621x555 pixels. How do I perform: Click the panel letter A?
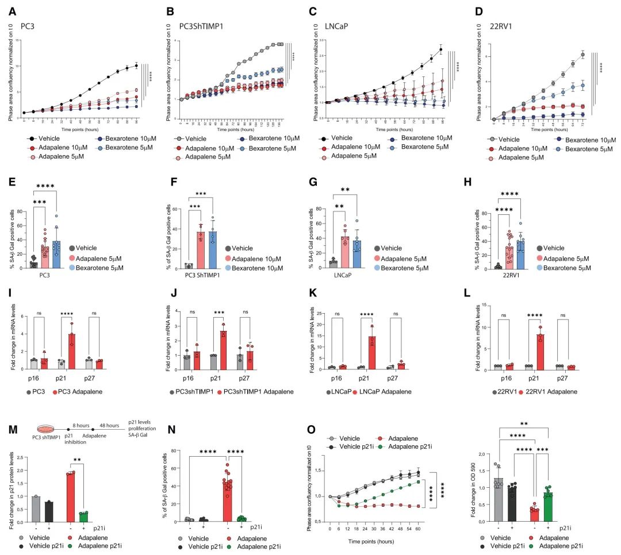[x=10, y=10]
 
